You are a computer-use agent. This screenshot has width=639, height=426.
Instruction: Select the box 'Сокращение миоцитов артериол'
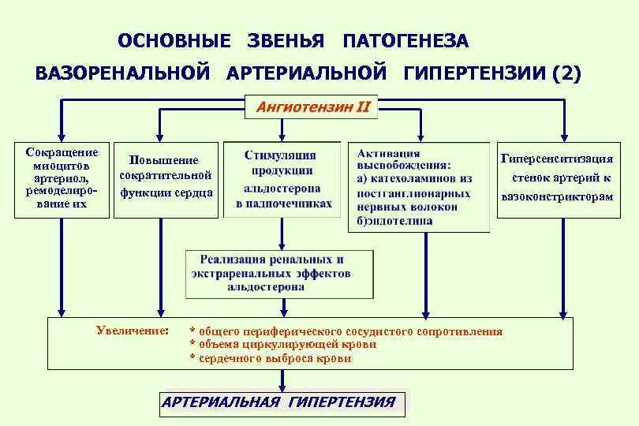click(x=61, y=178)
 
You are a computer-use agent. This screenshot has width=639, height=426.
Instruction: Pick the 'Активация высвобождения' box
click(x=418, y=187)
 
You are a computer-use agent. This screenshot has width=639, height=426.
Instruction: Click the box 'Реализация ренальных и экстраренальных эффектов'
click(x=278, y=273)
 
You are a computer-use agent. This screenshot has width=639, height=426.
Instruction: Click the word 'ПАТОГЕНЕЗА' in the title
click(x=405, y=40)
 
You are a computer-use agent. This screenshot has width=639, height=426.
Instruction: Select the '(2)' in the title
click(x=567, y=74)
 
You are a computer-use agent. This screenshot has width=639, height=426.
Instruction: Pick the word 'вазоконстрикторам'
click(x=557, y=196)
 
